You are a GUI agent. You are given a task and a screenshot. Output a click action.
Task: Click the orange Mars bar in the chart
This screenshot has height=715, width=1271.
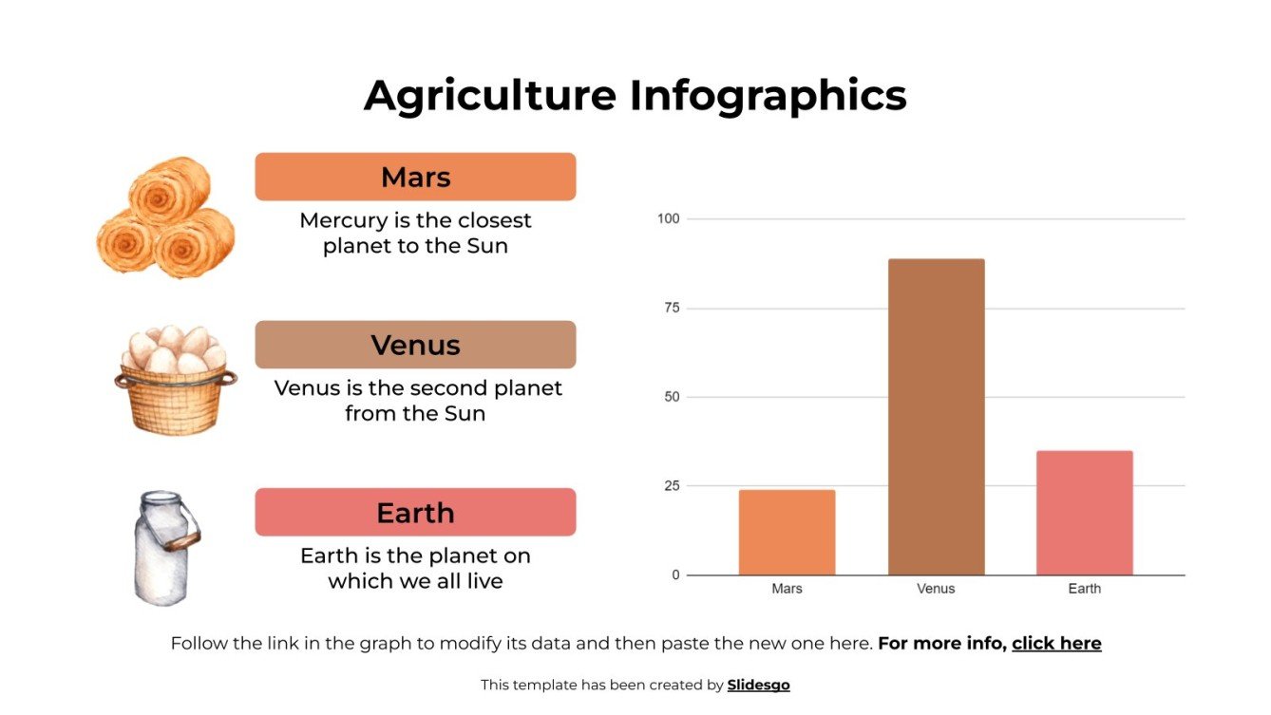point(787,532)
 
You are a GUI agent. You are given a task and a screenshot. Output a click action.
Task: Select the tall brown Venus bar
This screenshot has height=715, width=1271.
point(936,417)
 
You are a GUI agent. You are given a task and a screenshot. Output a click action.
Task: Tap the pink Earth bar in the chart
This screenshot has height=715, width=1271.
point(1084,513)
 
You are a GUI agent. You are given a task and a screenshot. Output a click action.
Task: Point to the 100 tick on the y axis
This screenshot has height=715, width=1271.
point(669,219)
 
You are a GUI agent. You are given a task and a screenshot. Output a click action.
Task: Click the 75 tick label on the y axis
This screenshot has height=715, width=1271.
point(672,309)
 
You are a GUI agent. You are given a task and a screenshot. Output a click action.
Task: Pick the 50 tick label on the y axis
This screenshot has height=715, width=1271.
point(672,397)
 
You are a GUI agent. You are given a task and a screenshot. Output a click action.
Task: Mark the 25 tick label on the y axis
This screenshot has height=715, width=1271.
point(672,486)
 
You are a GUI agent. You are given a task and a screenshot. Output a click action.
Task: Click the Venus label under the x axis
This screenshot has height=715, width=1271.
point(936,589)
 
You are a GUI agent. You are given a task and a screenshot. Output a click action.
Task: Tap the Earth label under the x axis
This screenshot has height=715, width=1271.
point(1084,589)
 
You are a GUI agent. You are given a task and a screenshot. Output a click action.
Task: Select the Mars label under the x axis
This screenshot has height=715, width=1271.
point(787,589)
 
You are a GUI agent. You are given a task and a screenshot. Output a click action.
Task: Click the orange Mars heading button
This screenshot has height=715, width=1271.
point(415,177)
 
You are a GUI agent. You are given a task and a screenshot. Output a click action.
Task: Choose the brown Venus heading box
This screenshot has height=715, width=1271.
point(415,345)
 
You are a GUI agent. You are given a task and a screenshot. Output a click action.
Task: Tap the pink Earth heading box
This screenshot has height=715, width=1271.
point(415,513)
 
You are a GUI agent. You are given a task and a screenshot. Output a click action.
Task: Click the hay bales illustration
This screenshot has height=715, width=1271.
point(166,218)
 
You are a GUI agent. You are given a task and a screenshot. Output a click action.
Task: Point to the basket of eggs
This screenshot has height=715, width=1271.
point(175,380)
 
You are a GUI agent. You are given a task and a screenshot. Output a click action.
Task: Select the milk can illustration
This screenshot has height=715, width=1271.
point(163,548)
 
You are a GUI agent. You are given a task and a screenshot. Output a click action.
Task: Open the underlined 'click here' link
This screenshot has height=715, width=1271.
point(1056,644)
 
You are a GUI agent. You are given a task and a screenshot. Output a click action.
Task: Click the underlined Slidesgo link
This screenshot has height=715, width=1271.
point(758,685)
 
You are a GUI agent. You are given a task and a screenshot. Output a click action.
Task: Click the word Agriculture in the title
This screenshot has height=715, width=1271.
point(490,96)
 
